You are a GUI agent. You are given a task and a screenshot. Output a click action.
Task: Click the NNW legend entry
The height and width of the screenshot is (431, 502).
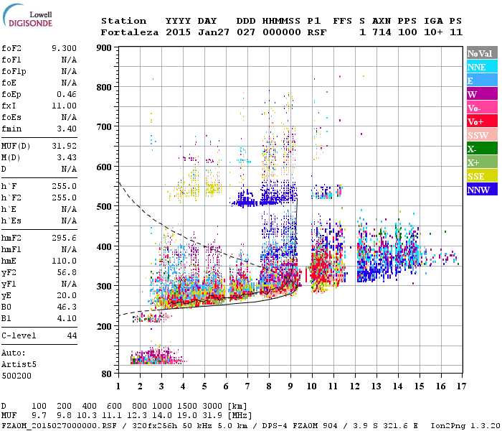click(x=480, y=190)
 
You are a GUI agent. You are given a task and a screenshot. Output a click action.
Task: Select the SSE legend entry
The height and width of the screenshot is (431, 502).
click(x=480, y=176)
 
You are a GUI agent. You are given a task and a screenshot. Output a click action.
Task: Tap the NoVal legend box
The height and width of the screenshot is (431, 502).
click(x=480, y=53)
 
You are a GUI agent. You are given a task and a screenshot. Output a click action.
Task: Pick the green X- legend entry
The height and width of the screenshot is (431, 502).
click(x=480, y=149)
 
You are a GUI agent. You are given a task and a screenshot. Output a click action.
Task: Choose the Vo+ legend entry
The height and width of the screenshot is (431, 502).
click(x=480, y=121)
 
